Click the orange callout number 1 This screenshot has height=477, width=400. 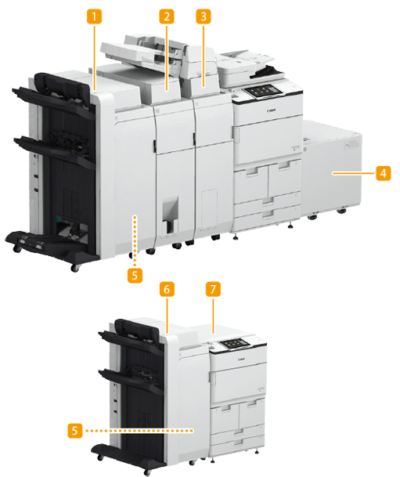(x=94, y=16)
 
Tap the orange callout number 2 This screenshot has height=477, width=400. (x=167, y=16)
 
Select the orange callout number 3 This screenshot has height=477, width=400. (x=204, y=16)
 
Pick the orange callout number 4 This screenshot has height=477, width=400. (x=384, y=173)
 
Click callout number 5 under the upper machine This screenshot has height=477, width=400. (x=135, y=275)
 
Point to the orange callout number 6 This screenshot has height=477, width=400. (x=167, y=289)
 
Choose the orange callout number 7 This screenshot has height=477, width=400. (x=213, y=289)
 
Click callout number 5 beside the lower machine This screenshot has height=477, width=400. (x=75, y=431)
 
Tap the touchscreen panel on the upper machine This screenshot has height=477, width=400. (x=262, y=91)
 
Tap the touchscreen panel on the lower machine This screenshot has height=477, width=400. (x=236, y=343)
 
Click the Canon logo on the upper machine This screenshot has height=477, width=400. (x=272, y=110)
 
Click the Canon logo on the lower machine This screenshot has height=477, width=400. (x=241, y=360)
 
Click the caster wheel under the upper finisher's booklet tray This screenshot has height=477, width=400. (x=75, y=268)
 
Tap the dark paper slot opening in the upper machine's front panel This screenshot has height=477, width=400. (x=170, y=216)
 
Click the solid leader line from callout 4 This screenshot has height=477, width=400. (x=353, y=173)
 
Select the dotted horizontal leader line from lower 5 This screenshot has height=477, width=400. (x=139, y=431)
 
